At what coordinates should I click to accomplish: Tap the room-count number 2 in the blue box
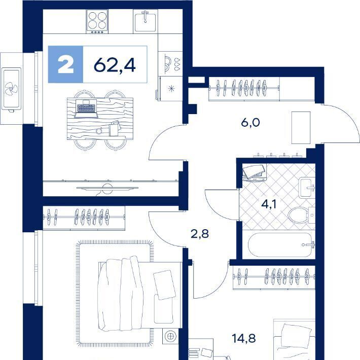tap(66, 65)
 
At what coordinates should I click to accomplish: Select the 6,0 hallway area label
tap(250, 123)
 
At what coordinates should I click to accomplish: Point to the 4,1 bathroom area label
tap(269, 204)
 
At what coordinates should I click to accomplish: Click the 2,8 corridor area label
tap(200, 234)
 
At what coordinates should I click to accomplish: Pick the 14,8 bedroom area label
tap(243, 338)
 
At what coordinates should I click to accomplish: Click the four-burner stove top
tap(97, 22)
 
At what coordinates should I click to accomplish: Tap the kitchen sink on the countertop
tap(145, 22)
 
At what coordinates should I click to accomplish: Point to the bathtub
tap(280, 245)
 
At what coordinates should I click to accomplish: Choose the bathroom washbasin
tap(306, 188)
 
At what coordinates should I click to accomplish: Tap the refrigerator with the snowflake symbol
tap(170, 89)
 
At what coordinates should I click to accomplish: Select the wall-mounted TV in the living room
tap(107, 188)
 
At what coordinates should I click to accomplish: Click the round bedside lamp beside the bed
tap(170, 336)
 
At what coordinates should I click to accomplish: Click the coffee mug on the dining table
tap(99, 131)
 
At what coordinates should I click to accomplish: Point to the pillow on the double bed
tap(165, 285)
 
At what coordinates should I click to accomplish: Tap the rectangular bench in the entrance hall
tap(301, 128)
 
